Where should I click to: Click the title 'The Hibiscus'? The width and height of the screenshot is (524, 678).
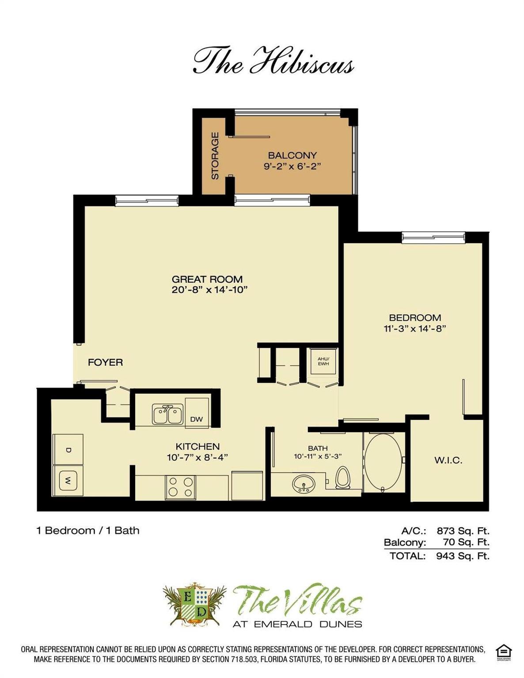pos(273,61)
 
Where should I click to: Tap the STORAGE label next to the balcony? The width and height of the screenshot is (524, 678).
pos(215,156)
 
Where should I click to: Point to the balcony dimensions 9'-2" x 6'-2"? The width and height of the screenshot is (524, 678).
pos(292,166)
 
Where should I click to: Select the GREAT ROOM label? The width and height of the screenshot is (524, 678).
pos(207,279)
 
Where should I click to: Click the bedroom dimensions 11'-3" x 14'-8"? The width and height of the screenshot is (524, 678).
pos(414,328)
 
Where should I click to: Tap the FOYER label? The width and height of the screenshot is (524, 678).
pos(105,362)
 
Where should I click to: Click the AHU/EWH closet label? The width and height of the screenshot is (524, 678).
pos(323,362)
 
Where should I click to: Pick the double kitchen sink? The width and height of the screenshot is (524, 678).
pos(168,414)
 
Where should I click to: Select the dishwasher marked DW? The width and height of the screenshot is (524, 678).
pos(197,413)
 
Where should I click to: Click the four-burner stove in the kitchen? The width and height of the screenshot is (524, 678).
pos(181,487)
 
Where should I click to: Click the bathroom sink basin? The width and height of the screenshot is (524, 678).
pos(304,484)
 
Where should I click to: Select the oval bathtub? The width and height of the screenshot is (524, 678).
pos(383,463)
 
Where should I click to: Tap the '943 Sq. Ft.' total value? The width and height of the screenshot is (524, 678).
pos(463,556)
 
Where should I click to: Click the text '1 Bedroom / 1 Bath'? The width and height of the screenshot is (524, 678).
pos(88,531)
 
